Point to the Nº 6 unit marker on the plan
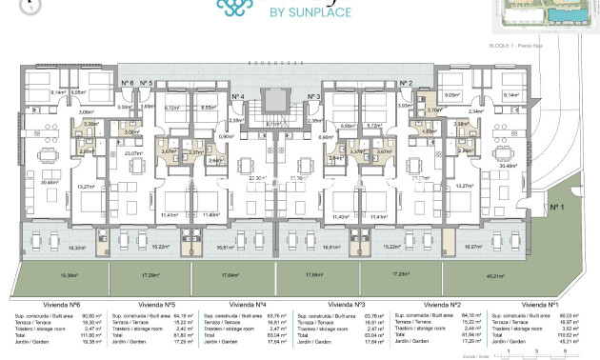pos(127,84)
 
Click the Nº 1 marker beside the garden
pos(557,206)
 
